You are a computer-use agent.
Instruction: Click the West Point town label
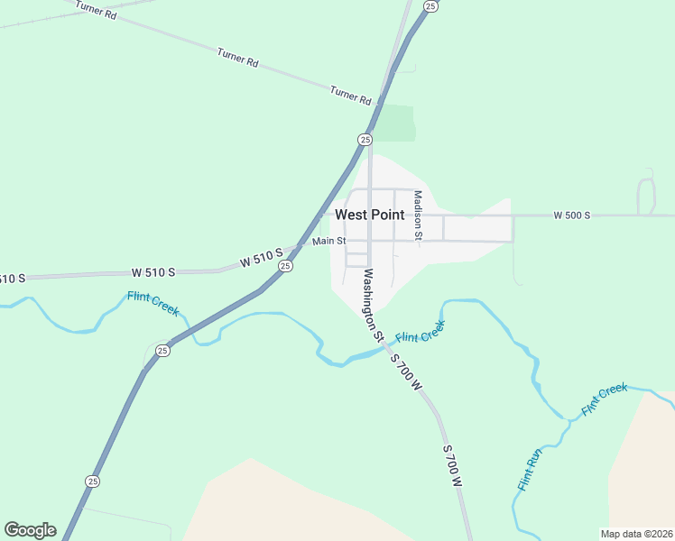[x=369, y=215]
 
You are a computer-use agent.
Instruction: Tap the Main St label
[x=328, y=242]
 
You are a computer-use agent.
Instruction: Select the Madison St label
[x=418, y=214]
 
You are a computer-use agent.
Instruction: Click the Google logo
[x=30, y=530]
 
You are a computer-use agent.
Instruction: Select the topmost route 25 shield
[x=431, y=6]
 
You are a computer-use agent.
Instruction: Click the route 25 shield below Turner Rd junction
[x=365, y=139]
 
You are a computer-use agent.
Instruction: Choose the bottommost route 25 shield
[x=92, y=481]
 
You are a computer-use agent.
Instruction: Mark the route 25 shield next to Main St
[x=285, y=266]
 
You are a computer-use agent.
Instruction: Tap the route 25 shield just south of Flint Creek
[x=162, y=350]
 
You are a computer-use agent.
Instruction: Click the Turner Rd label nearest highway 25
[x=351, y=94]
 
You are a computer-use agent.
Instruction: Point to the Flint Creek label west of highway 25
[x=153, y=303]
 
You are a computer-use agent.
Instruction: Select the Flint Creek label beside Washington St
[x=421, y=333]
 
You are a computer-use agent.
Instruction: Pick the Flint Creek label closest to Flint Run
[x=605, y=399]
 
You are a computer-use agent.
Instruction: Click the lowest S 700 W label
[x=452, y=465]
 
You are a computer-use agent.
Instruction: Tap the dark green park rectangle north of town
[x=394, y=123]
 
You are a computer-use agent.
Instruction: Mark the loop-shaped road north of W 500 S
[x=646, y=195]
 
